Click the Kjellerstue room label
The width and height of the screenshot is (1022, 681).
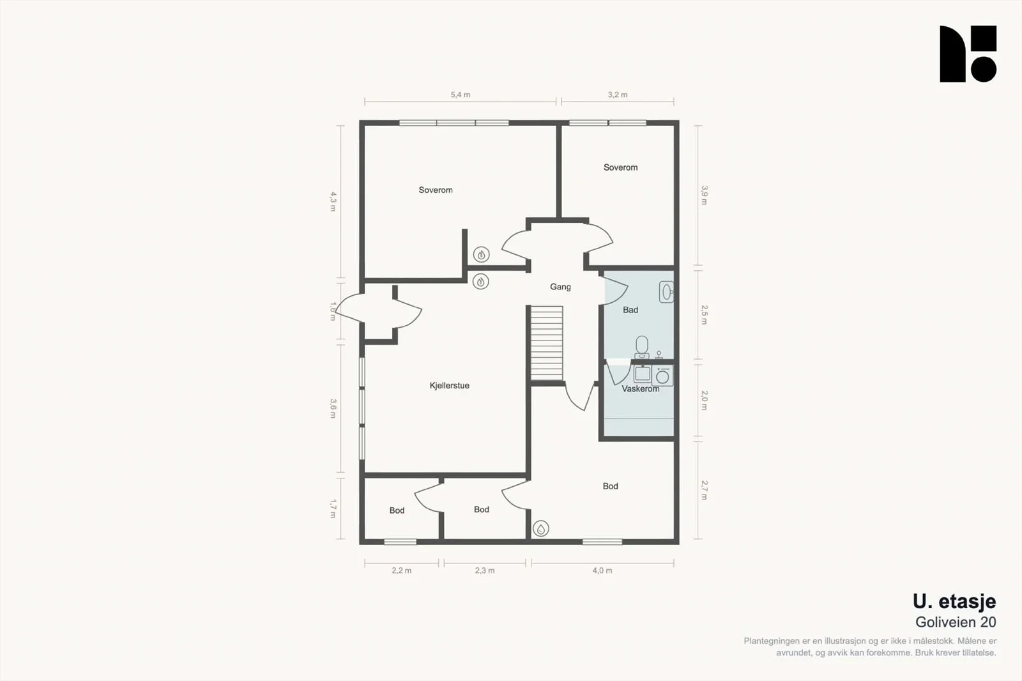click(450, 386)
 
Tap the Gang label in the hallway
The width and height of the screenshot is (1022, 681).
click(560, 287)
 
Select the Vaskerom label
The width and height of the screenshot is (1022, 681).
click(641, 389)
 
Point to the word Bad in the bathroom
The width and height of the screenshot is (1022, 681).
click(630, 310)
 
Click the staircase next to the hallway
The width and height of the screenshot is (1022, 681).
click(547, 343)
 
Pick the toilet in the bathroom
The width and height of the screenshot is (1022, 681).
click(642, 348)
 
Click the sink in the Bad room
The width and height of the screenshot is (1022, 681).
click(666, 292)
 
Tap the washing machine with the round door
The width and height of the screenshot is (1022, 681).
click(662, 376)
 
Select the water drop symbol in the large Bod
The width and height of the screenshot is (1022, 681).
click(540, 528)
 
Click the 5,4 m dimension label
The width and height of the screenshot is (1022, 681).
click(461, 95)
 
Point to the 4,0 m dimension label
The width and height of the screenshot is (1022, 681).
click(602, 570)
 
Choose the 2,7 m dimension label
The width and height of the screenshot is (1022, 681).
click(705, 490)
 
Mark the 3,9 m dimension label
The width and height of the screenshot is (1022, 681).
click(705, 195)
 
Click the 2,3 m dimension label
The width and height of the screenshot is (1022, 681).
click(485, 570)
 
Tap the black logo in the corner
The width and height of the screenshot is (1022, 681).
click(968, 54)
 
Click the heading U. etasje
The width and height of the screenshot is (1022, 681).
click(954, 602)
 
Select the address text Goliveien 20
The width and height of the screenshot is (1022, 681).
click(956, 622)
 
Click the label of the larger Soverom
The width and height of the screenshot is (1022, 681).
click(436, 190)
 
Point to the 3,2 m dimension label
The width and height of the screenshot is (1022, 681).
click(618, 95)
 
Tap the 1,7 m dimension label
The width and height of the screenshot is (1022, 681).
click(333, 509)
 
